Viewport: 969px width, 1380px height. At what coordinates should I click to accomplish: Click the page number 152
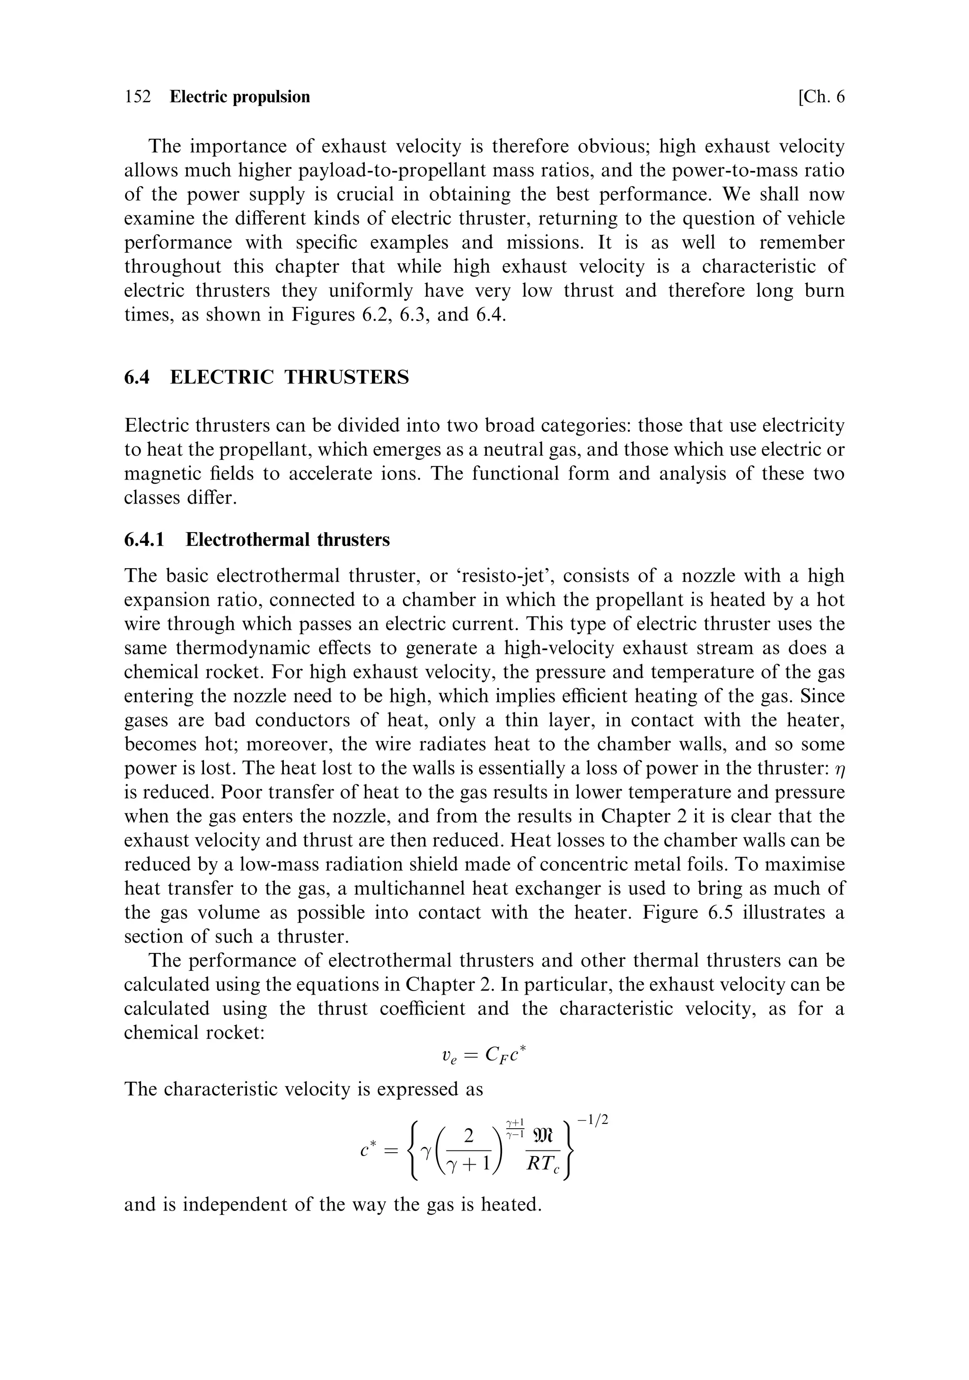click(x=138, y=97)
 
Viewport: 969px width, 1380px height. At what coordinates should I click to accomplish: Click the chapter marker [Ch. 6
click(x=820, y=97)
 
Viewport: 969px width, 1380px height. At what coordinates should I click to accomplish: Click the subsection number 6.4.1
click(x=144, y=540)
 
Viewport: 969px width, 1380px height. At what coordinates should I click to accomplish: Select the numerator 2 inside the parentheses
click(x=469, y=1135)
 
